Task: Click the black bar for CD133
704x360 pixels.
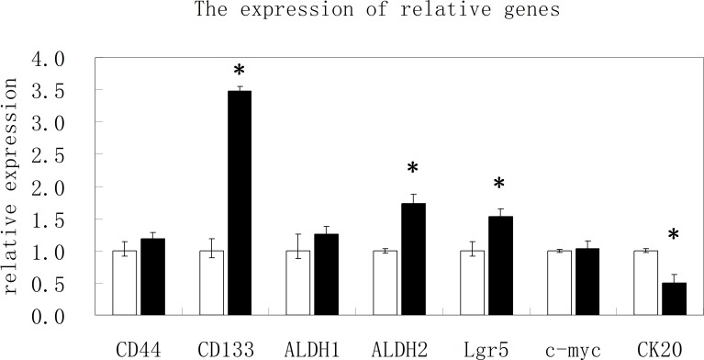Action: click(x=240, y=203)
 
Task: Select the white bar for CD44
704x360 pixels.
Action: click(x=124, y=283)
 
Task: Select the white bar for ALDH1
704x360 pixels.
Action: click(x=298, y=283)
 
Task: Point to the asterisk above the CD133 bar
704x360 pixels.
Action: click(x=240, y=72)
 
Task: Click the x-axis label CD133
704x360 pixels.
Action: click(x=226, y=349)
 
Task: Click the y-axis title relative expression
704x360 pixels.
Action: click(x=12, y=186)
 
